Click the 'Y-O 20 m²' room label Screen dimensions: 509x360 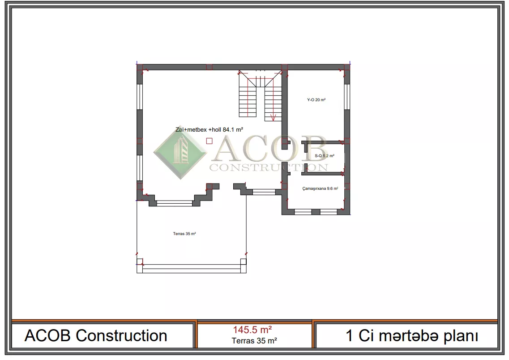coord(316,100)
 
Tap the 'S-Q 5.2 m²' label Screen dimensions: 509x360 coord(324,156)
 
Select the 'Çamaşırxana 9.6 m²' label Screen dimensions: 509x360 coord(320,189)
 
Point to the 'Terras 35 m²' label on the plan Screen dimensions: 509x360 coord(184,234)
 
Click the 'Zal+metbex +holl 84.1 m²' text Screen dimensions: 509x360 coord(210,129)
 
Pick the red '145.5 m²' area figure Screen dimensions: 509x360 coord(252,330)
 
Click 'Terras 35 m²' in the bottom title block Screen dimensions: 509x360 coord(254,341)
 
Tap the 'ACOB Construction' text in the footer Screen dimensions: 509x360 coord(96,336)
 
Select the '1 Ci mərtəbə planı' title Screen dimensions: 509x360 coord(412,336)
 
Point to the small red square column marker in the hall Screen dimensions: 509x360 coord(210,141)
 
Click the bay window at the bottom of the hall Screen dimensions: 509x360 coord(175,203)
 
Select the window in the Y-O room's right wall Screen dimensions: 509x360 coord(347,97)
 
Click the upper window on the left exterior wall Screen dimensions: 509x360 coord(140,97)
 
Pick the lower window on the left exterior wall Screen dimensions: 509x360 coord(140,168)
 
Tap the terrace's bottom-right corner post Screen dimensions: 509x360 coord(243,261)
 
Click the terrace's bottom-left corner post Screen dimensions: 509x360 coord(140,261)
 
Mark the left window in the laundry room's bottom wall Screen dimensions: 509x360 coord(303,212)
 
